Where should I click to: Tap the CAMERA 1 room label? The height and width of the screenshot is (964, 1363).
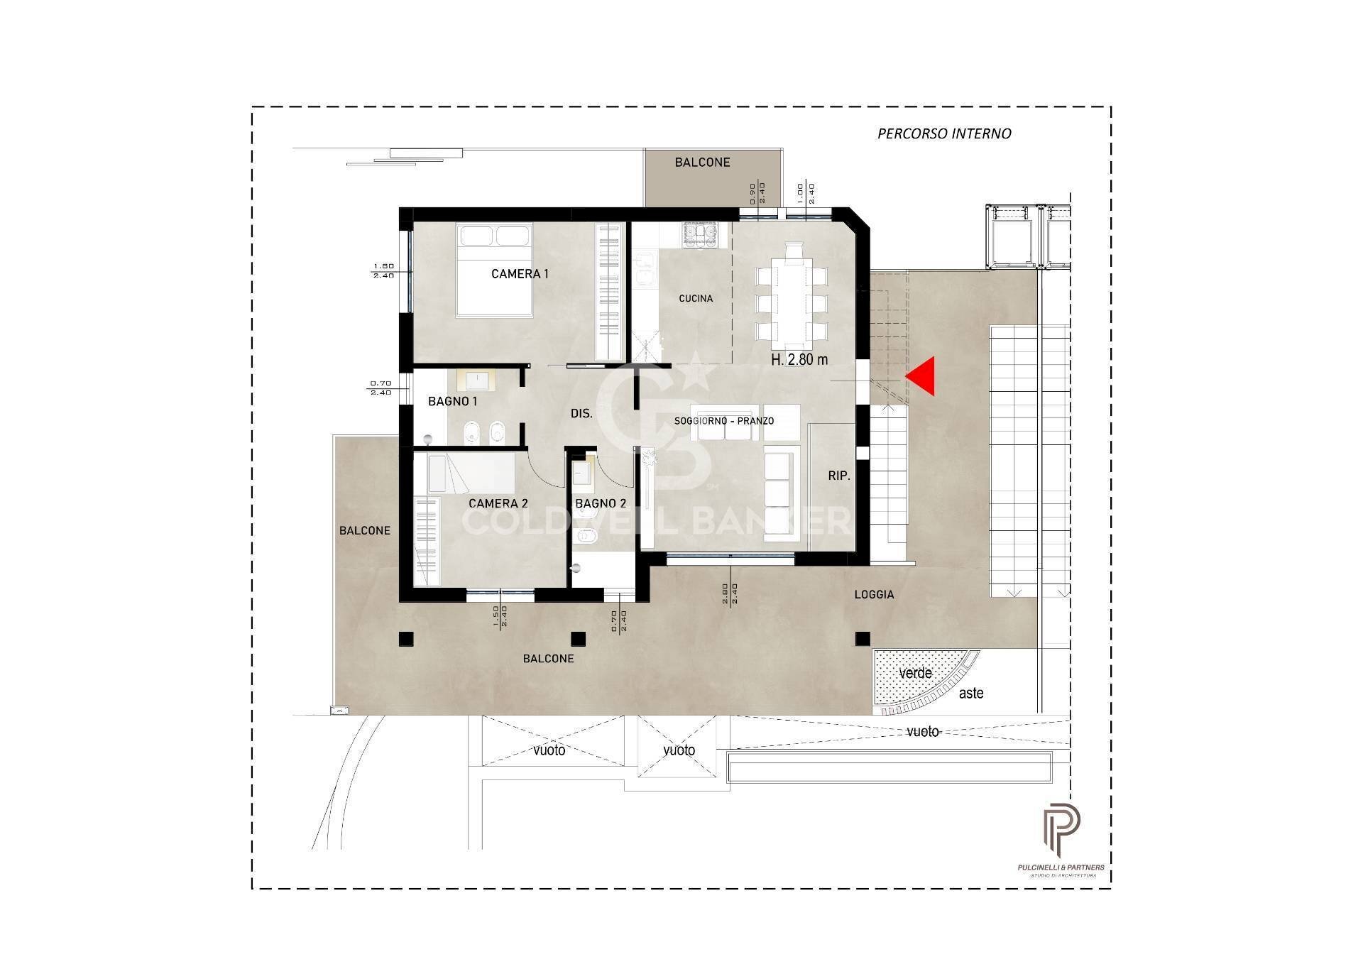[x=520, y=274]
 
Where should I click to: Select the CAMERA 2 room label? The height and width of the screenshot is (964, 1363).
[x=498, y=503]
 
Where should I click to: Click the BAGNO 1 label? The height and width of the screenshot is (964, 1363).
[x=452, y=402]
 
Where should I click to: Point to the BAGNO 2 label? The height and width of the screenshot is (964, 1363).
[x=601, y=503]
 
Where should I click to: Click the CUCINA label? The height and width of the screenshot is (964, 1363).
[x=695, y=299]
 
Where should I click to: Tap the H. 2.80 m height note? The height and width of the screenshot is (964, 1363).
[x=799, y=360]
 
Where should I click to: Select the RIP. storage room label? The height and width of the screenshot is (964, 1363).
[x=838, y=476]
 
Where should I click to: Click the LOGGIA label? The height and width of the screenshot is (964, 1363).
[x=874, y=595]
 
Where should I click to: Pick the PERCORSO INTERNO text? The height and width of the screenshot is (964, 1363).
[x=944, y=133]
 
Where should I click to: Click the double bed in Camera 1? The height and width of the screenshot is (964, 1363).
[x=494, y=270]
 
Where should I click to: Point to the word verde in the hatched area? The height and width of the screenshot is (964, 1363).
[x=915, y=673]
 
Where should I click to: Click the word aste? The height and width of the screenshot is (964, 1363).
[x=971, y=694]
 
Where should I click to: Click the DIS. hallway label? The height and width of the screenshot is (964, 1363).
[x=581, y=414]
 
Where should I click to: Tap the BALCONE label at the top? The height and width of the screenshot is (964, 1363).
[x=702, y=163]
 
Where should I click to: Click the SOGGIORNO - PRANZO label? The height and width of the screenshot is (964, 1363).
[x=723, y=421]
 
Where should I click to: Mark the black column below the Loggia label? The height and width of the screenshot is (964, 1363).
[x=863, y=638]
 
